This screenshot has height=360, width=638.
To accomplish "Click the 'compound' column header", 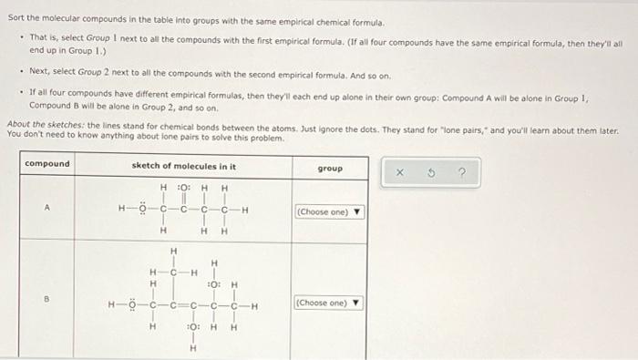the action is pos(46,164).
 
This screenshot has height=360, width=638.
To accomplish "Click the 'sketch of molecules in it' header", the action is pos(183,166).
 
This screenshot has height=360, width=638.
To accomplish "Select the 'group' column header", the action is pos(329,169).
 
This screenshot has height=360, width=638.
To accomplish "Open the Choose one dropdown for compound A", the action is pos(329,213).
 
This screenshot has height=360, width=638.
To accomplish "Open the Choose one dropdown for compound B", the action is pos(329,303).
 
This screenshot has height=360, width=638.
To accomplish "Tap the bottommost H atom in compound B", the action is pos(192,347).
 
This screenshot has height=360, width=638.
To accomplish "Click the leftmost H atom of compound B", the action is pos(110,303).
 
